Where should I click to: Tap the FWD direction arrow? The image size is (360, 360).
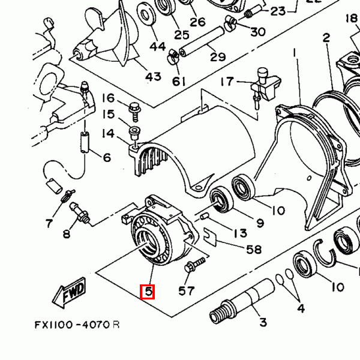69,293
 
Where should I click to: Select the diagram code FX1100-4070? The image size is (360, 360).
73,325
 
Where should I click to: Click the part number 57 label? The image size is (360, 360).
187,290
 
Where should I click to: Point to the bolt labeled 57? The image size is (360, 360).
194,264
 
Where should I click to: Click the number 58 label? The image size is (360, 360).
254,250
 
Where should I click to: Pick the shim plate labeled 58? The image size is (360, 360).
210,237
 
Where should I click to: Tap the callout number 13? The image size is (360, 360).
241,233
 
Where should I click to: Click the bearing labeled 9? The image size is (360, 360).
221,199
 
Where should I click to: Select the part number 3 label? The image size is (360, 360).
263,322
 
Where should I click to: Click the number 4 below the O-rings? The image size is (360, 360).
301,308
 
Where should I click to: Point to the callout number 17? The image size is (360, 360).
227,81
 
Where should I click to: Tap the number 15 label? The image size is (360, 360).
109,114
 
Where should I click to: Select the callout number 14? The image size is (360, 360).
108,133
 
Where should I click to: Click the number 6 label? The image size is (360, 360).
107,157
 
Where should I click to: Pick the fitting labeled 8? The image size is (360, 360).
79,212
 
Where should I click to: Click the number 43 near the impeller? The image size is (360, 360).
154,76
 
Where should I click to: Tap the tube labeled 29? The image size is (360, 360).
202,41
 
